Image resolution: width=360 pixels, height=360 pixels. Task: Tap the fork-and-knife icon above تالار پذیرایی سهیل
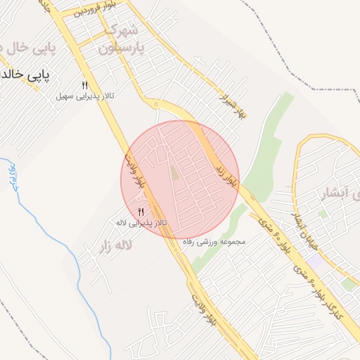[84, 84]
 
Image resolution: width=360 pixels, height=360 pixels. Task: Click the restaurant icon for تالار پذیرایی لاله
[141, 212]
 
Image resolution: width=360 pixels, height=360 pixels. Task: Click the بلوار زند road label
[231, 172]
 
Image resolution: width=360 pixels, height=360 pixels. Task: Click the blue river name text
[12, 176]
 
